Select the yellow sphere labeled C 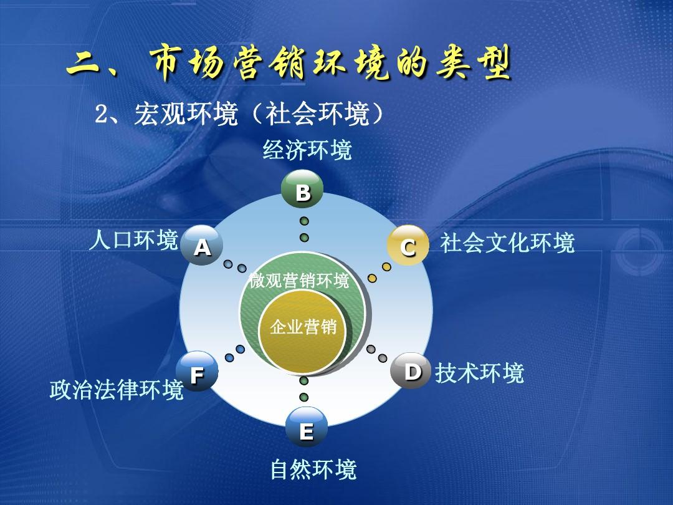tap(408, 246)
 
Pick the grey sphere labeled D tap(411, 371)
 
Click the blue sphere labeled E tap(306, 429)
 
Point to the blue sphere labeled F tap(197, 373)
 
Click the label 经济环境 tap(307, 150)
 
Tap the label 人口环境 tap(133, 240)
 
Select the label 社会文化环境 tap(507, 243)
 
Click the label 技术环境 tap(479, 373)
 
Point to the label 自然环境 tap(313, 469)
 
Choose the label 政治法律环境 tap(117, 390)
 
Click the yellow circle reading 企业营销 tap(303, 327)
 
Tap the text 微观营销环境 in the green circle tap(299, 281)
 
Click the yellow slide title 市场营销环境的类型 tap(330, 64)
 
